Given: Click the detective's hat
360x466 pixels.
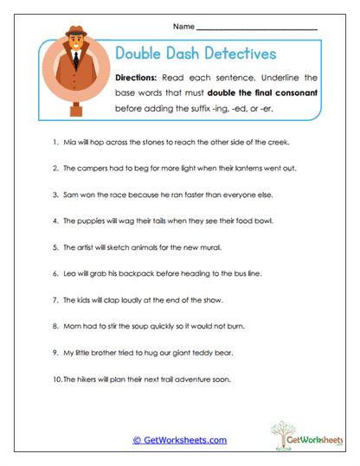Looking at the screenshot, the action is (x=74, y=39).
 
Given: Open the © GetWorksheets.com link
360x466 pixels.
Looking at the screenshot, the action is (x=179, y=440).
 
